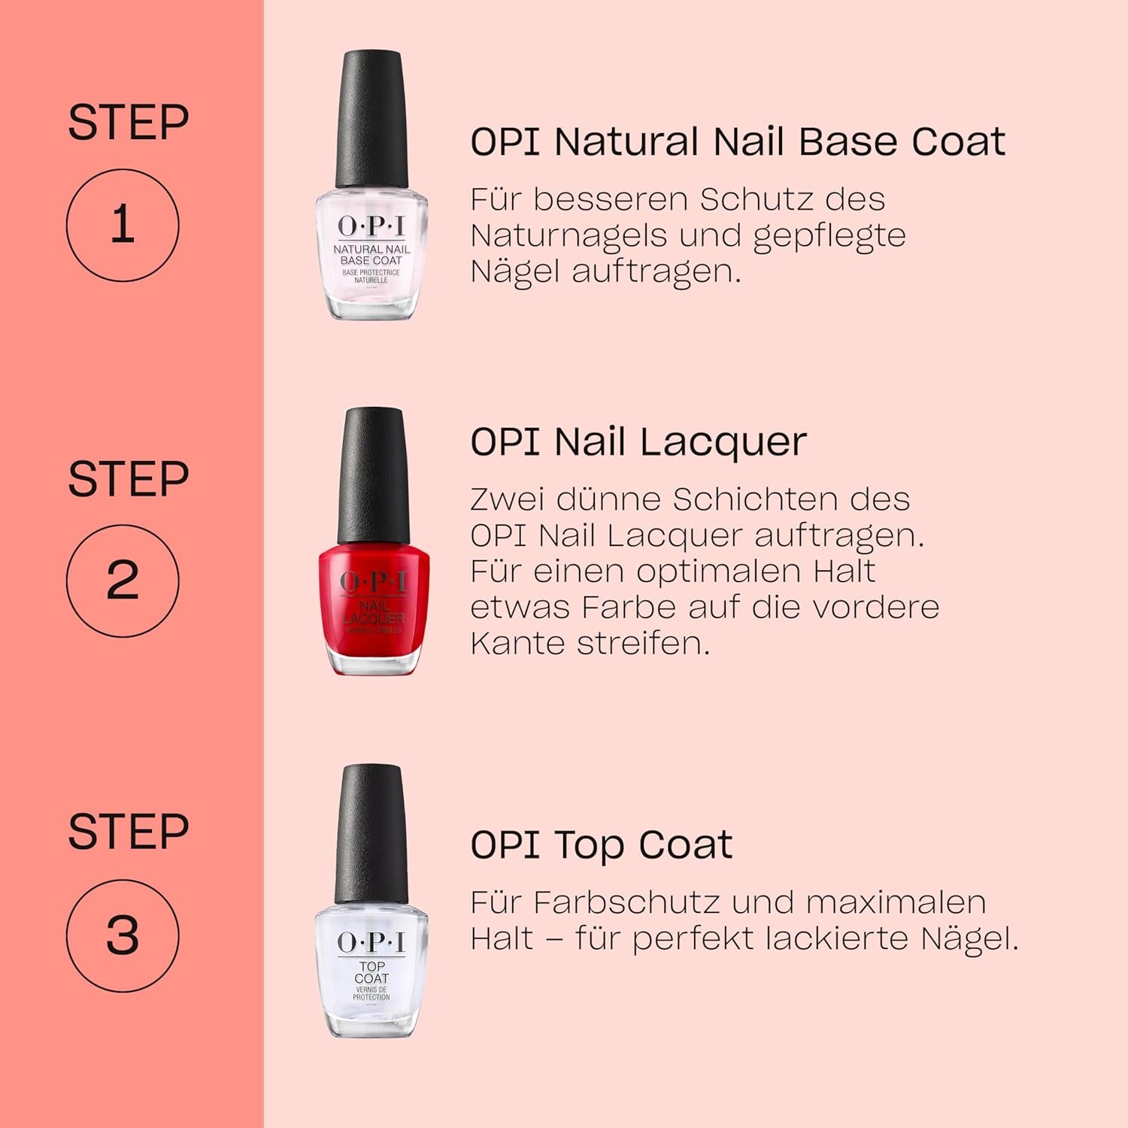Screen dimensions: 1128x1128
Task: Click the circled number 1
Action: coord(123,225)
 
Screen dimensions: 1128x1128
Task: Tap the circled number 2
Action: coord(123,581)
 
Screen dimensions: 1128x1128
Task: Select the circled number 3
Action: coord(123,935)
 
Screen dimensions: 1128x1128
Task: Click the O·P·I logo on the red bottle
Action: coord(374,581)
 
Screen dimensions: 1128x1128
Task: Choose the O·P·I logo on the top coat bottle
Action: coord(371,942)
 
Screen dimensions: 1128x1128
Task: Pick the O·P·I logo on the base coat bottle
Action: coord(371,226)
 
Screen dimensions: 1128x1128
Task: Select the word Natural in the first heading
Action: coord(627,141)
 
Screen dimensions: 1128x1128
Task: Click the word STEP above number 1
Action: coord(128,123)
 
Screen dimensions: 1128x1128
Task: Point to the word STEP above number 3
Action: coord(128,832)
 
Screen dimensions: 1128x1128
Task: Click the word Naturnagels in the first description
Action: coord(569,235)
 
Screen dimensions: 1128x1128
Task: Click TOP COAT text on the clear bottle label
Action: coord(371,972)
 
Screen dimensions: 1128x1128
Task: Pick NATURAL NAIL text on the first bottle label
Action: coord(371,249)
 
